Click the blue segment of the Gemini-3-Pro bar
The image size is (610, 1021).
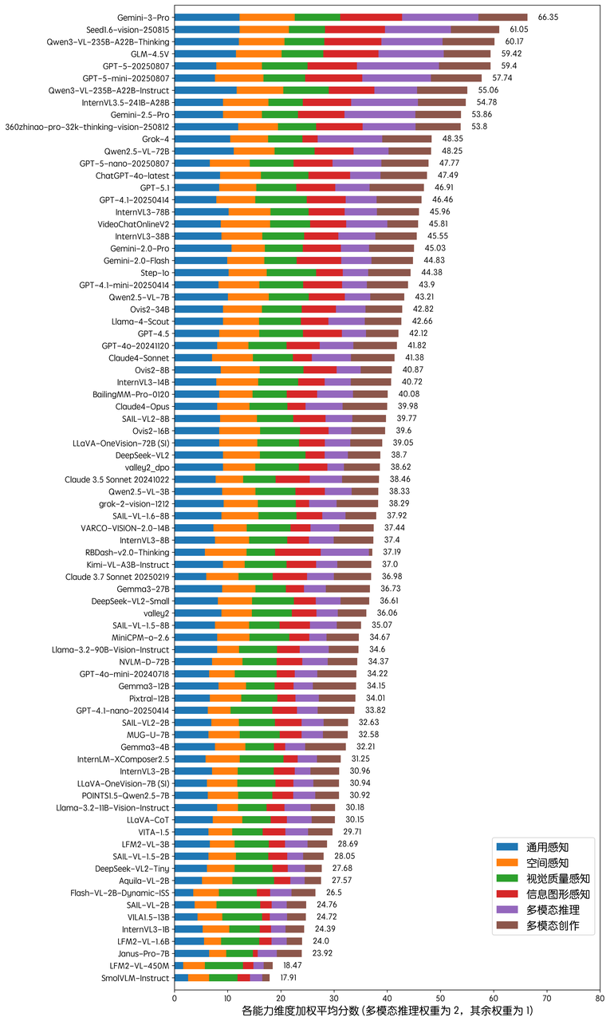point(207,17)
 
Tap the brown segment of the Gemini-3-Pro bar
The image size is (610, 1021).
point(502,17)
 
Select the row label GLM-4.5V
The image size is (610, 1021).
point(148,53)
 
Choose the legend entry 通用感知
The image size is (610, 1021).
point(547,846)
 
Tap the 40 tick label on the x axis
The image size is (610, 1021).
point(388,996)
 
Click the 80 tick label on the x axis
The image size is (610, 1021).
point(600,996)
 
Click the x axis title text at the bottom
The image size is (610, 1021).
point(387,1011)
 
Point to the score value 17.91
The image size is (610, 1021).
point(286,977)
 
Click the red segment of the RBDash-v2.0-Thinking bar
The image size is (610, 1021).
point(298,552)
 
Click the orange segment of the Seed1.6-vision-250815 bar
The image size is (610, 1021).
point(265,29)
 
